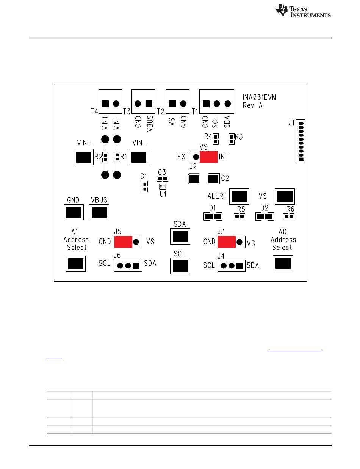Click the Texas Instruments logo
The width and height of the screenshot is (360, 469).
(303, 11)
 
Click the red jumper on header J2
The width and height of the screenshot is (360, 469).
(208, 157)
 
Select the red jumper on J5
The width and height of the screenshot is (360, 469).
(123, 242)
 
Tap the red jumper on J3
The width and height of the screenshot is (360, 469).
(227, 242)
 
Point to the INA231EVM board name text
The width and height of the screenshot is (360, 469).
(259, 97)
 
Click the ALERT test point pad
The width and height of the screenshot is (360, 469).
(239, 197)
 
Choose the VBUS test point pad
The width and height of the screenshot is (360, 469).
(99, 212)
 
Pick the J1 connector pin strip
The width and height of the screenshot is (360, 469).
(301, 141)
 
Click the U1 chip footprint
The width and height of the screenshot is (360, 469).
(163, 187)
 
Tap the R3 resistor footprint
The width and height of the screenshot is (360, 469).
(232, 139)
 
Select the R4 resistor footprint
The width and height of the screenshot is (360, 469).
(216, 139)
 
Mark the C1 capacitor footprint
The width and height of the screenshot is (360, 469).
(145, 187)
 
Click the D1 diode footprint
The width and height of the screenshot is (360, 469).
(213, 216)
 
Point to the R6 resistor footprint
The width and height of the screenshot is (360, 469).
(289, 216)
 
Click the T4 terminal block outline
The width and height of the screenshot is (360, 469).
(110, 102)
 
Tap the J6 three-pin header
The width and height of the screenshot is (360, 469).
(128, 266)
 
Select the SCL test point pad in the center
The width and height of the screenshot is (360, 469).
(180, 266)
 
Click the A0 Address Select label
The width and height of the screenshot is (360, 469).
(283, 240)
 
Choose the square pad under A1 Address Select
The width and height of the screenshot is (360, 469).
(75, 264)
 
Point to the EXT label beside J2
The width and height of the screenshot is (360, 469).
(183, 157)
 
